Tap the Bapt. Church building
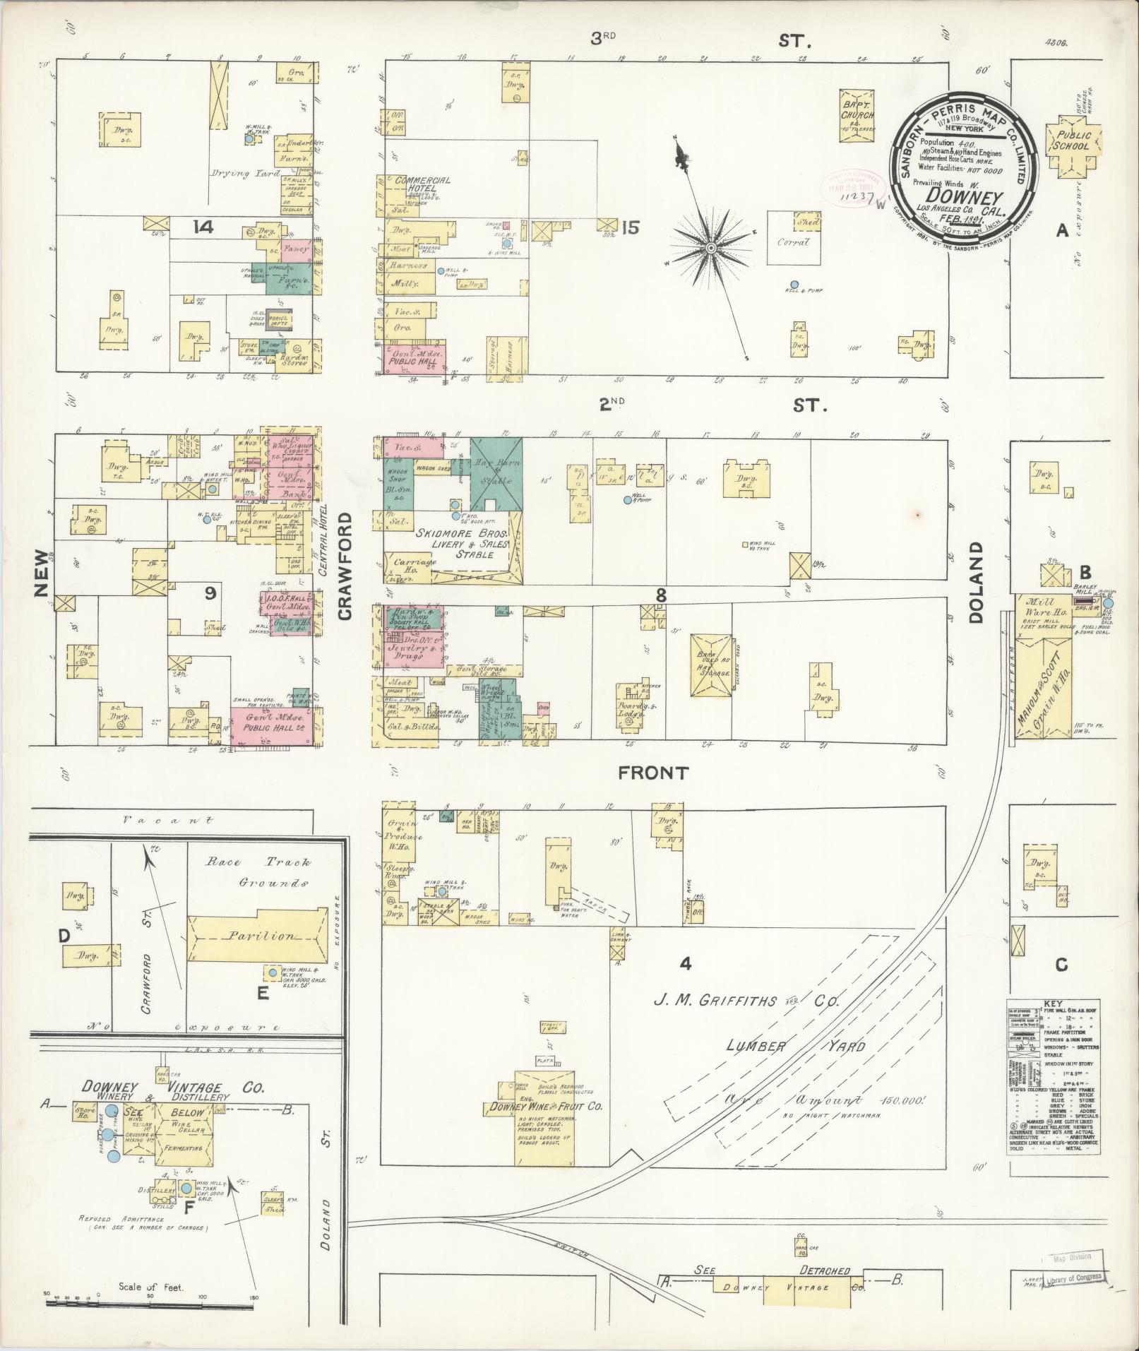pos(857,116)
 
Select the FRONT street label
pos(653,773)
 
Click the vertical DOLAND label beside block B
pos(977,582)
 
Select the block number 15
pos(630,227)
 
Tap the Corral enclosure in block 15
pos(794,242)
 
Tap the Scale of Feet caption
pos(151,1287)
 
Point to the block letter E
pos(263,994)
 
